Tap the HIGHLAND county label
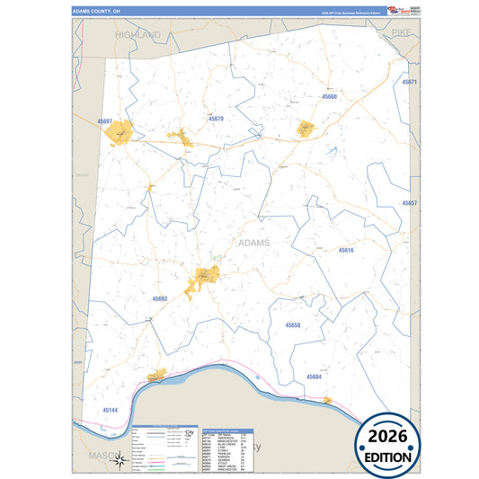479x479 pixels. coord(137,34)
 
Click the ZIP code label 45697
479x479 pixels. coord(105,120)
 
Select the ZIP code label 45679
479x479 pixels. coord(217,119)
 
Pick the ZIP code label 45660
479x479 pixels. coord(329,96)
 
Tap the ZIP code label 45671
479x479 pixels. coord(410,82)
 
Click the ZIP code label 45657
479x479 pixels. coord(410,204)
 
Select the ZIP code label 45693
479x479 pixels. coord(160,298)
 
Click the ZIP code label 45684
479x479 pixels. coord(314,377)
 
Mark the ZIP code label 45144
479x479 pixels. coord(110,409)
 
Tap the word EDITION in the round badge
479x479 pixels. coord(389,457)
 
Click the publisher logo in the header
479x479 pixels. coord(401,11)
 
